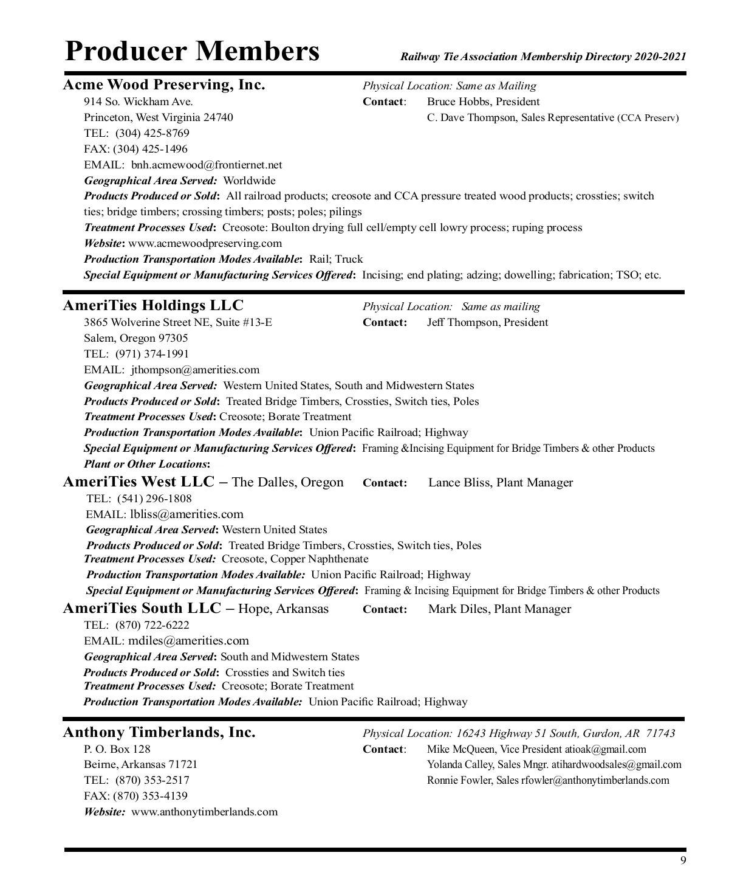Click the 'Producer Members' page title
coord(192,50)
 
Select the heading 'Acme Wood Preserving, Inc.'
coord(164,85)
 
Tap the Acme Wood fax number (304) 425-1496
coord(151,149)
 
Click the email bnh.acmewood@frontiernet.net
coord(207,165)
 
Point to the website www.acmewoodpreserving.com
coord(205,243)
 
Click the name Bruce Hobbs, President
coord(483,102)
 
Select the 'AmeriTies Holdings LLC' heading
coord(153,305)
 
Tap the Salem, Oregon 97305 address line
coord(136,338)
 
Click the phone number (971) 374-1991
coord(152,354)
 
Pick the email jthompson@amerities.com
coord(195,370)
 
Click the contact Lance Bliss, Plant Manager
coord(501,483)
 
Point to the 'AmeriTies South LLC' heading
coord(142,609)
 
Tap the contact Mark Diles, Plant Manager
coord(499,609)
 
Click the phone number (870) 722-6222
coord(152,625)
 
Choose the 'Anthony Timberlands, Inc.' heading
coord(159,733)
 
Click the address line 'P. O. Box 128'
coord(117,749)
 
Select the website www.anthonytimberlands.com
coord(205,812)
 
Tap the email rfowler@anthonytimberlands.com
coord(595,780)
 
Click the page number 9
coord(683,860)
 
